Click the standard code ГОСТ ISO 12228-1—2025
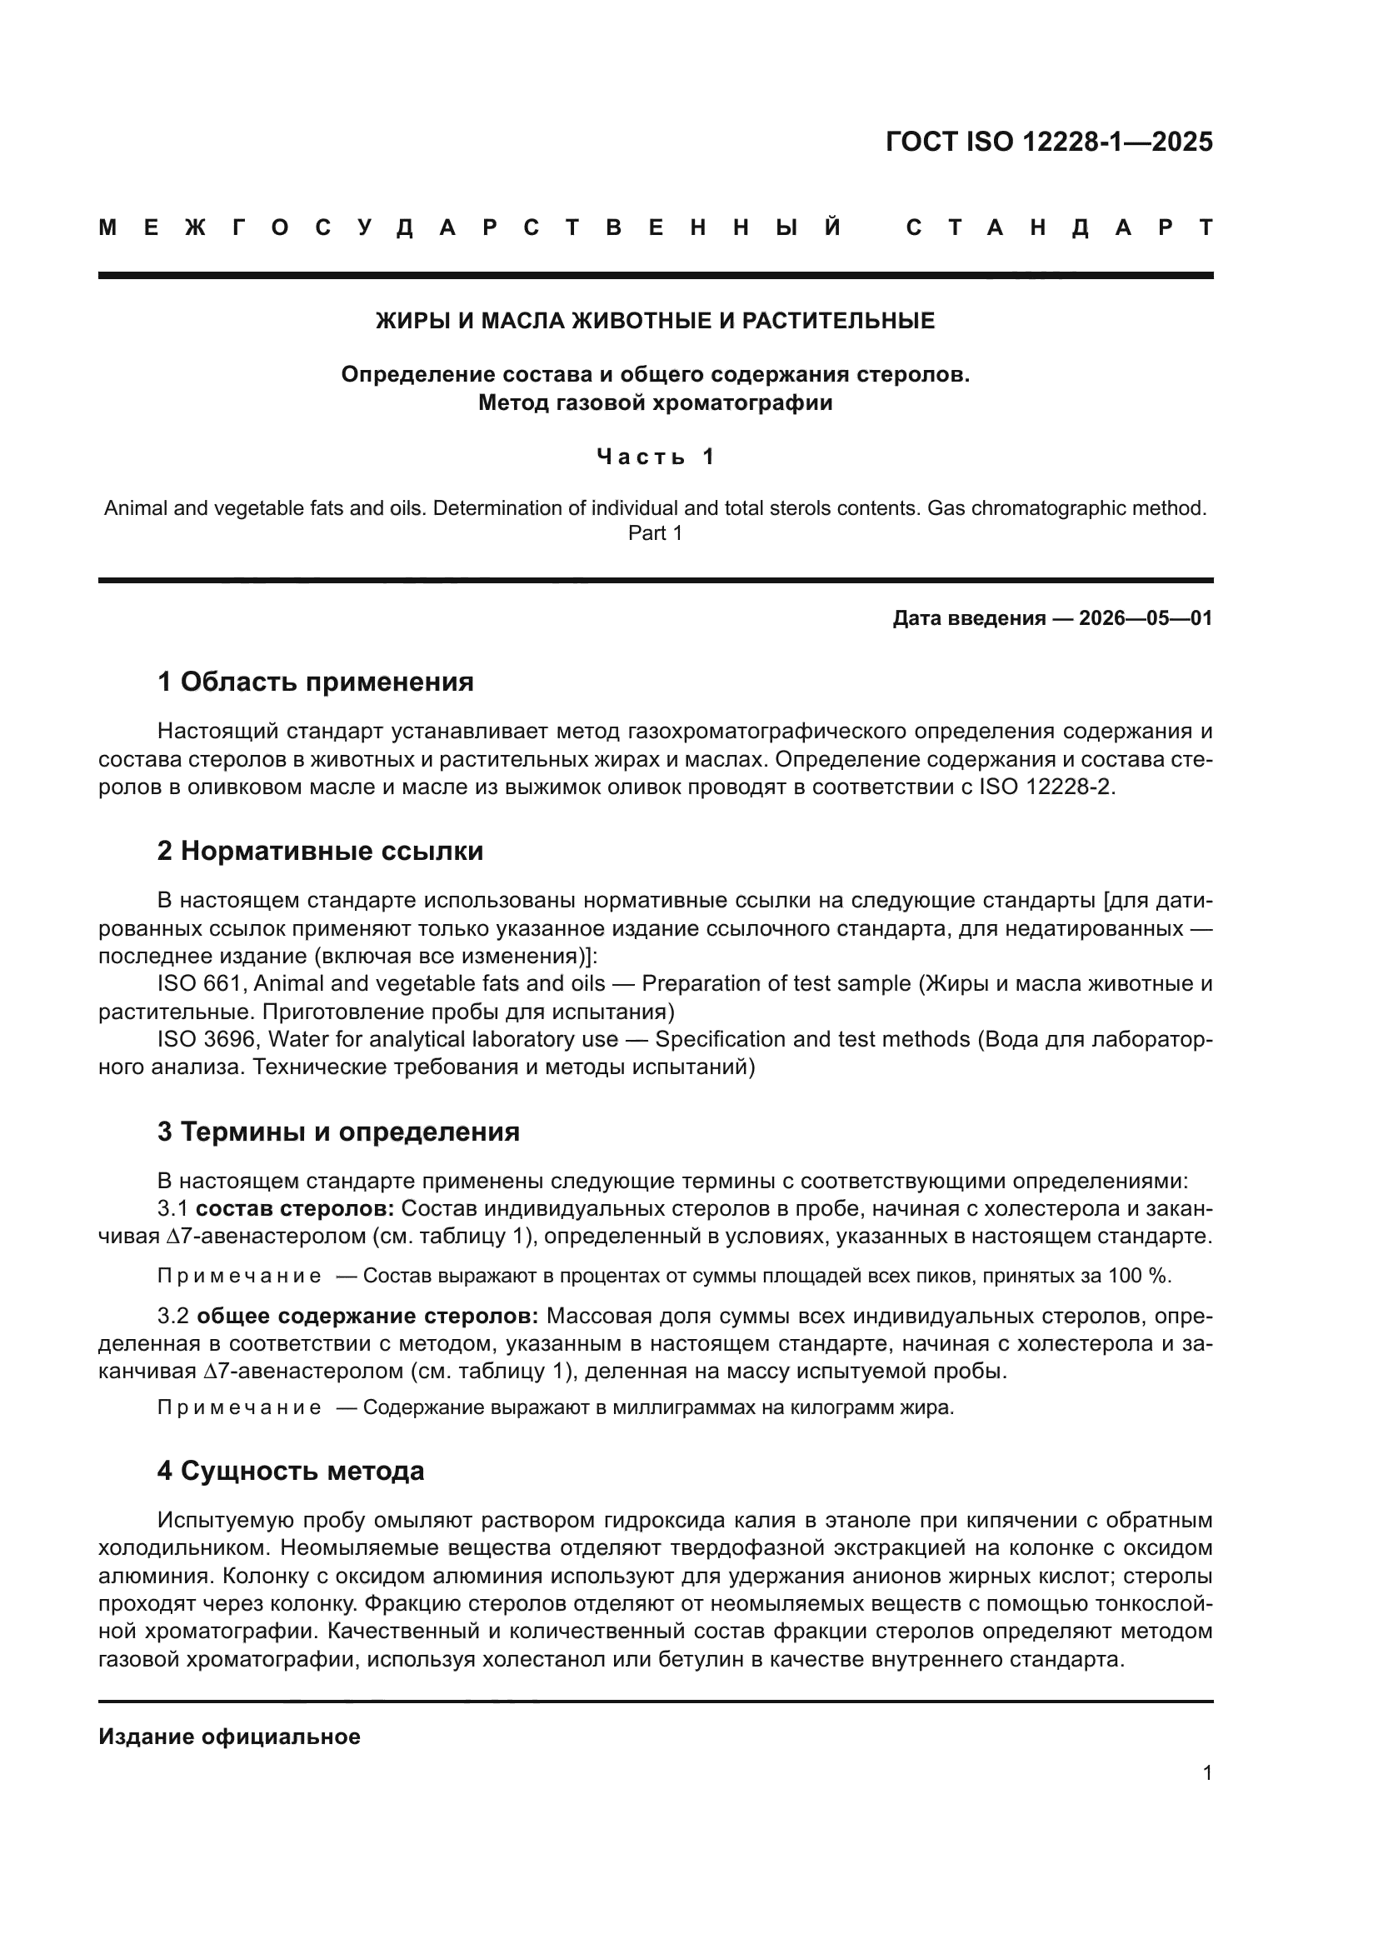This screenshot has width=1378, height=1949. pos(1049,142)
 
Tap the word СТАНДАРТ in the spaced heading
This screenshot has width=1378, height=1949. pos(1059,228)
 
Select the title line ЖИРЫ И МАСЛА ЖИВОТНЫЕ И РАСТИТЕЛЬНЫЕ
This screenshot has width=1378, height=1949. pos(655,321)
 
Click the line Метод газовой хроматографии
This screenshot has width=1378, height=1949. pos(655,402)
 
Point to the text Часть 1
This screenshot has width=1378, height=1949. pos(655,457)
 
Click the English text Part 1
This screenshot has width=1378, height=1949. pos(655,533)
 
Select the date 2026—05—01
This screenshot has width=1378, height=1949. pos(1146,618)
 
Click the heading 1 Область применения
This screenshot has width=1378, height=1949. pos(315,681)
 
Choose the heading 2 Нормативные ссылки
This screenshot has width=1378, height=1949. pos(320,851)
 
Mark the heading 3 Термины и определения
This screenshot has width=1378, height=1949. pos(337,1132)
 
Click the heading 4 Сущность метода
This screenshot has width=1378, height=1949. pos(290,1470)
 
